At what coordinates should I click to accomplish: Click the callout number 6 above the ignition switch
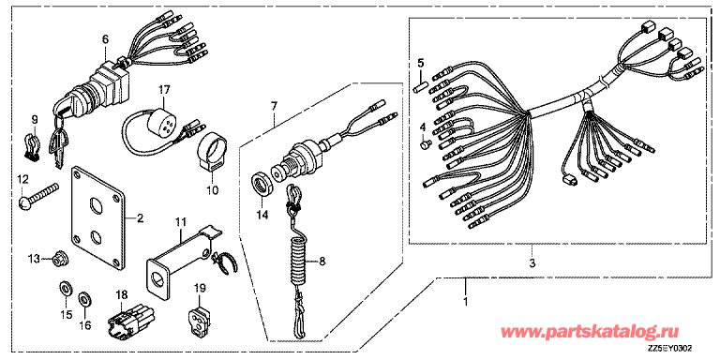(105, 40)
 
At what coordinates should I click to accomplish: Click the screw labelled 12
(39, 195)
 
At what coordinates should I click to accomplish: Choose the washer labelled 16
(84, 300)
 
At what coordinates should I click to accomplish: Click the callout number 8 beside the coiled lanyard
(322, 262)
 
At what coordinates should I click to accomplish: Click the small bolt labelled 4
(424, 144)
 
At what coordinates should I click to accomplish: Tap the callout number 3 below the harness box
(532, 263)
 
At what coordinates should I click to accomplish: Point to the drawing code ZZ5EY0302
(670, 350)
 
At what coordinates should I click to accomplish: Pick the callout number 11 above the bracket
(180, 224)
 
